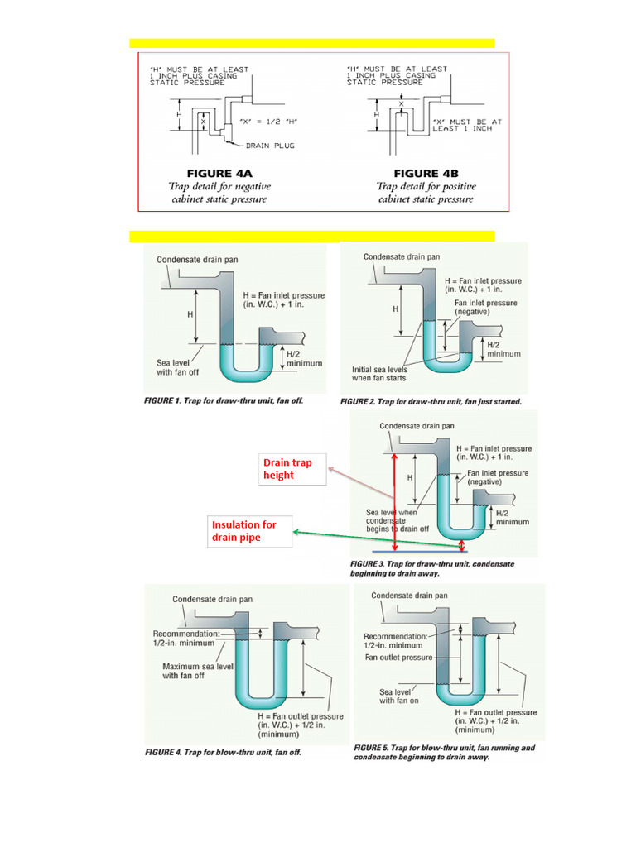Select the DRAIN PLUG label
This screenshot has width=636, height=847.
[268, 146]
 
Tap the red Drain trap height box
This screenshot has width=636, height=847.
[288, 469]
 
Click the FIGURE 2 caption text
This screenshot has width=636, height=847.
[431, 401]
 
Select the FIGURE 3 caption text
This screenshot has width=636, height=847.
[433, 568]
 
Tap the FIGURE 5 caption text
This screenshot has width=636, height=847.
[444, 752]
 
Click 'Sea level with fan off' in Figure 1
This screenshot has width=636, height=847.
[177, 367]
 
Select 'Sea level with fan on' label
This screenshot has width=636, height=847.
[399, 696]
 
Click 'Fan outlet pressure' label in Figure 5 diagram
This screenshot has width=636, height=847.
[399, 658]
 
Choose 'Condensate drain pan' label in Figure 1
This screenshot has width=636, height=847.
[197, 260]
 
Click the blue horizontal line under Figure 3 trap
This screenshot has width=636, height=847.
[419, 549]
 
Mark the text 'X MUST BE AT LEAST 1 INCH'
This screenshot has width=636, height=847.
[467, 125]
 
